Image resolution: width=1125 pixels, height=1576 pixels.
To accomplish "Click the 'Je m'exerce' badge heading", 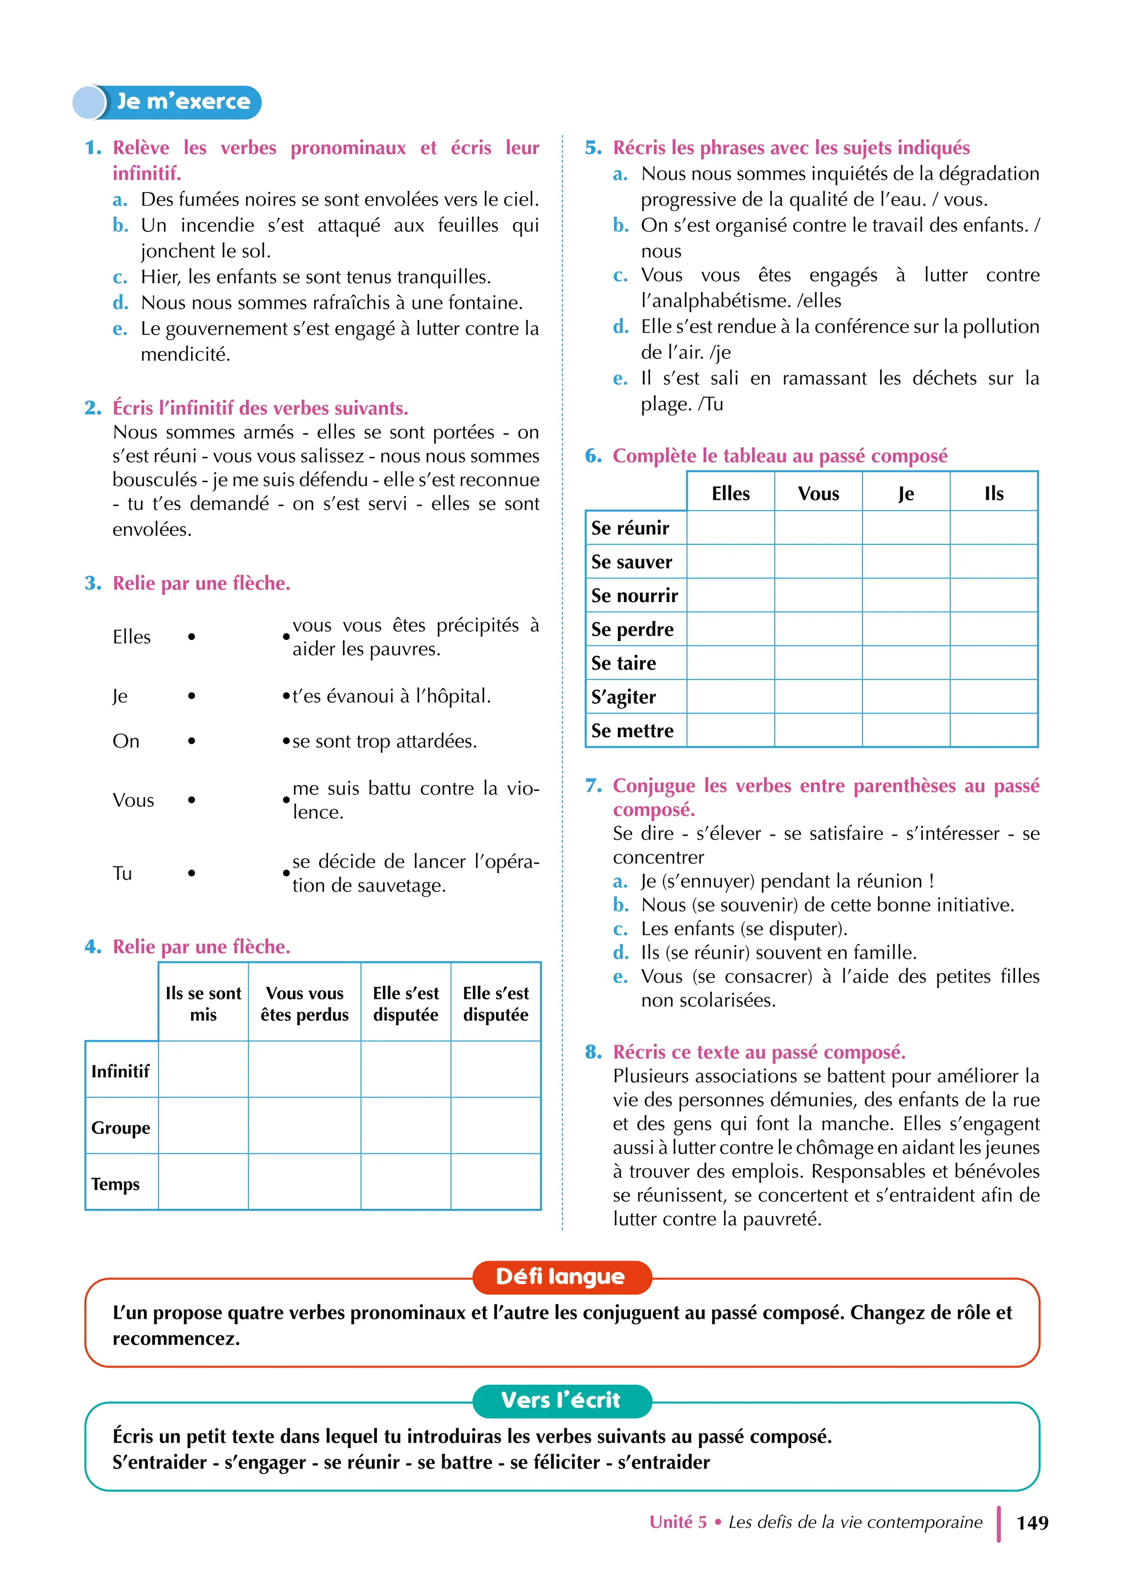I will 182,102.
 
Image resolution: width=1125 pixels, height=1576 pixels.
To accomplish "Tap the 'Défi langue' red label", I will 561,1276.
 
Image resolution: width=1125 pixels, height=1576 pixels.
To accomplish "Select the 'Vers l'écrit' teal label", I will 561,1400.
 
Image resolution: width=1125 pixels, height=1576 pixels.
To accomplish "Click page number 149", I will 1032,1523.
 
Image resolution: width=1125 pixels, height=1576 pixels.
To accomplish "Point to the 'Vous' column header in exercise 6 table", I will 818,494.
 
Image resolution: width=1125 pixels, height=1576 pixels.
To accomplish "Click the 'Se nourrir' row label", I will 634,595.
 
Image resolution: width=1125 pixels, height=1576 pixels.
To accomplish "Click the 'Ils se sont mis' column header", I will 203,1004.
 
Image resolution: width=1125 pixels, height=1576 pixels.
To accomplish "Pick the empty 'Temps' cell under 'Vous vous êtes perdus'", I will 304,1183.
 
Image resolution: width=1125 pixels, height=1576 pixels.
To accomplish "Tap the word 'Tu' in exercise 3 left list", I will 122,873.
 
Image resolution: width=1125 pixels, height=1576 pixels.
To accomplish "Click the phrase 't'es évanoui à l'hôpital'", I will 392,696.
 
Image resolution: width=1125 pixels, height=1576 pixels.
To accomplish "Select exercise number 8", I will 593,1052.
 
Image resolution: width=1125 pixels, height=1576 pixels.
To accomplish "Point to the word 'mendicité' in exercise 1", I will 185,354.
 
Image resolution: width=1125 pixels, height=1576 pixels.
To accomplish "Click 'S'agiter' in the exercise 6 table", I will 623,696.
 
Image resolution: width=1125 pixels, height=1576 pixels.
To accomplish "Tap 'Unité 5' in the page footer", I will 677,1522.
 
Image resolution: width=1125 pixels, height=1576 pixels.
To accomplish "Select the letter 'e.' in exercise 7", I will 621,976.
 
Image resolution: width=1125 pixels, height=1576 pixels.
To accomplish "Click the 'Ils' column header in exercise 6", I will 993,494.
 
